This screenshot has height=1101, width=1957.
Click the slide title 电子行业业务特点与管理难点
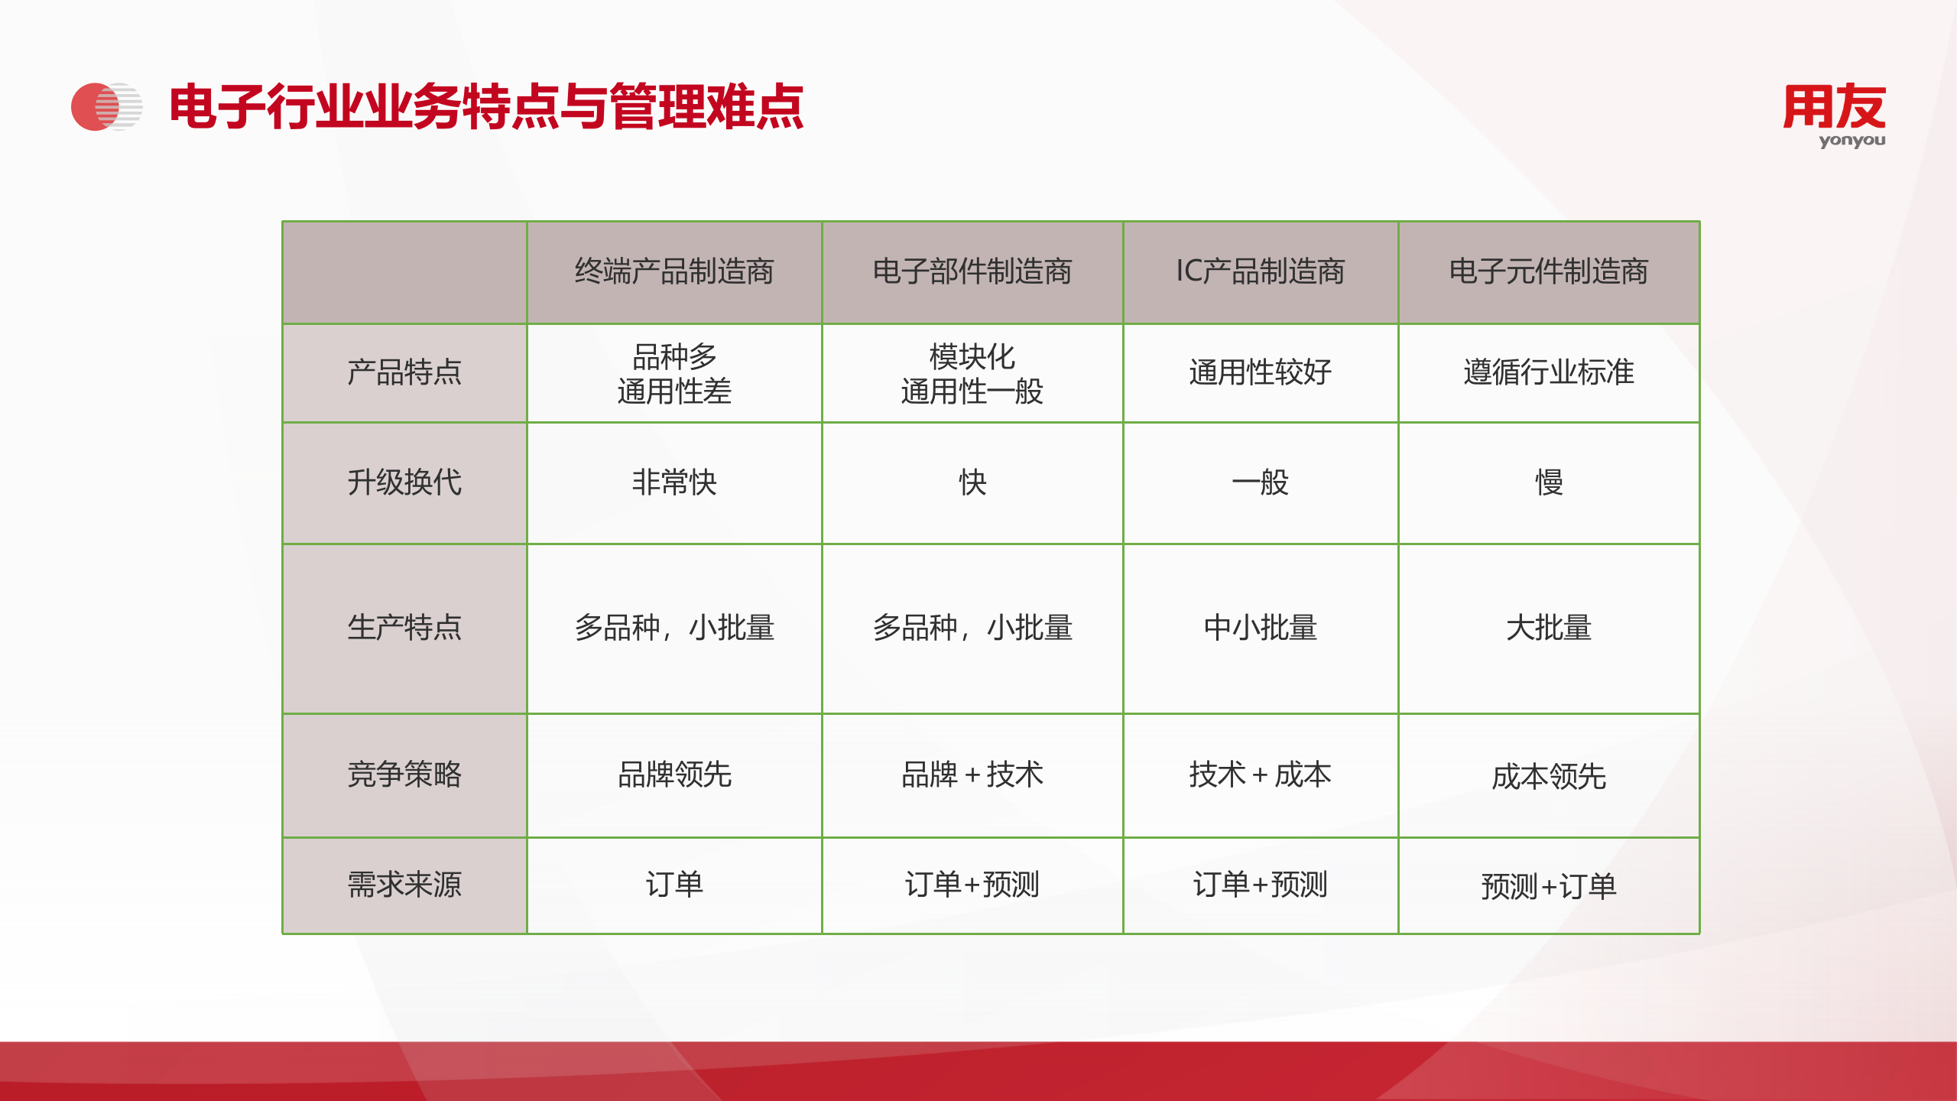(x=486, y=107)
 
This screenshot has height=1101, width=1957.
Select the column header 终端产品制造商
(x=674, y=272)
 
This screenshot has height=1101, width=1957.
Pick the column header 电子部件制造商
(x=972, y=272)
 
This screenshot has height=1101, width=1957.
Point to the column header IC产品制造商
(x=1260, y=272)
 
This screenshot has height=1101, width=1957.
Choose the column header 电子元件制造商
(x=1549, y=272)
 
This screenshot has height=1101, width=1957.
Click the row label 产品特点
(x=404, y=373)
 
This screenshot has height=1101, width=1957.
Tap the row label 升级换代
(x=404, y=483)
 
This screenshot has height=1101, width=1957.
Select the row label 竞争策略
(x=404, y=775)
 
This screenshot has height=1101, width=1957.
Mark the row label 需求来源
(x=404, y=885)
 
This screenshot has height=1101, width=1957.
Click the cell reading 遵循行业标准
(x=1549, y=373)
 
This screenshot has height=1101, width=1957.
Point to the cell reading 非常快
(x=674, y=483)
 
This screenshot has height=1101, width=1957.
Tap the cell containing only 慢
(x=1549, y=483)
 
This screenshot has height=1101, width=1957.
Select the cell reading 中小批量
(x=1260, y=628)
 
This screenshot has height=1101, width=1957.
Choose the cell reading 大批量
(x=1549, y=628)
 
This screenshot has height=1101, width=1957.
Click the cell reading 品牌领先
(x=674, y=775)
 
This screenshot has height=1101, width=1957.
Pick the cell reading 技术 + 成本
(x=1260, y=775)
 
